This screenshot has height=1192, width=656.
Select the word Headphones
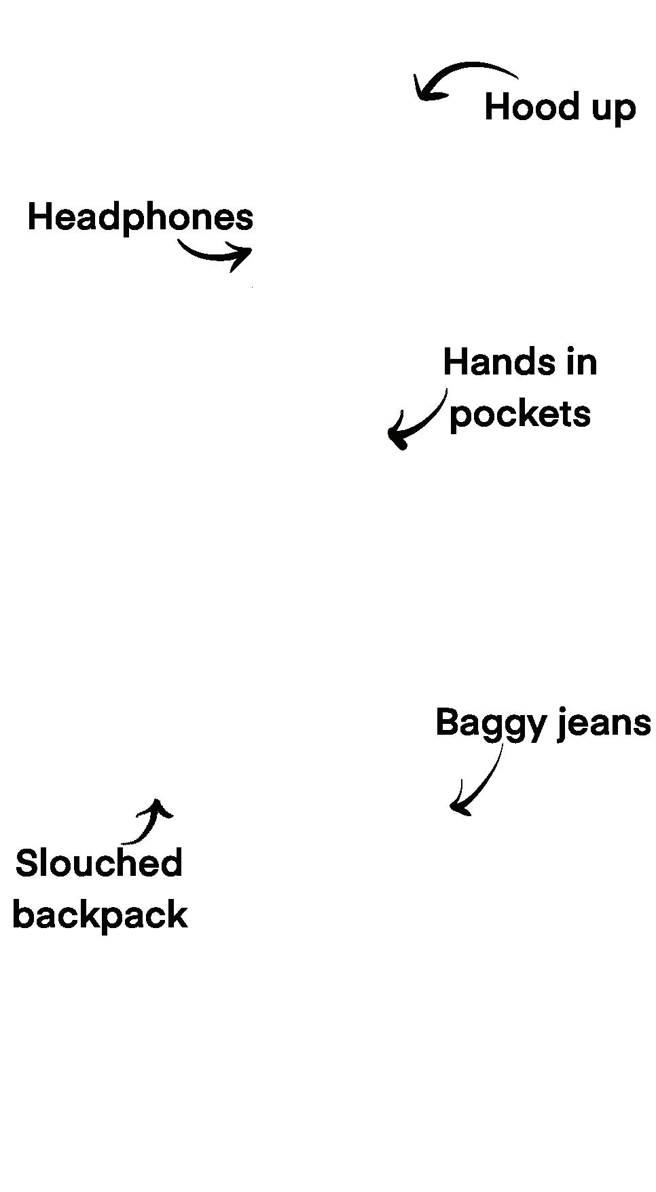140,218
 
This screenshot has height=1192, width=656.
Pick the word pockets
520,415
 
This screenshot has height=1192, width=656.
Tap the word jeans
604,723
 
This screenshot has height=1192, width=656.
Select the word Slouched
98,864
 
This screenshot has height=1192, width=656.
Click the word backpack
100,915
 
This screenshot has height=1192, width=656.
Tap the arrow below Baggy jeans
479,780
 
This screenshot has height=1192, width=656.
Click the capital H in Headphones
38,218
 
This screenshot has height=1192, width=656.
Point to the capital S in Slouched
24,864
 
